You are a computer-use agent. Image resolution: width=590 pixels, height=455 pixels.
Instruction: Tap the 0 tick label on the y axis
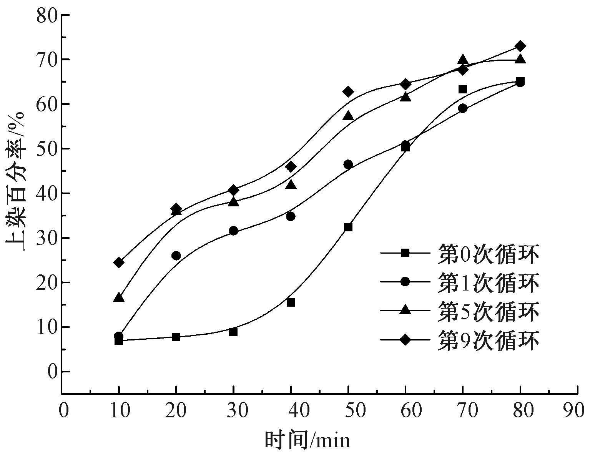[x=52, y=372]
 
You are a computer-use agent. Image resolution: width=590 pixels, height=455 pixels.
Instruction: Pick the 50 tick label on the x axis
[x=348, y=410]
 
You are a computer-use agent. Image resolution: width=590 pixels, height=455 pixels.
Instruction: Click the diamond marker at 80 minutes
[x=520, y=46]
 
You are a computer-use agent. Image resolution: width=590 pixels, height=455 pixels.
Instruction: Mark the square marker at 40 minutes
[x=291, y=302]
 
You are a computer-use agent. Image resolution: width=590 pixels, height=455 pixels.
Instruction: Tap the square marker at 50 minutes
[x=348, y=227]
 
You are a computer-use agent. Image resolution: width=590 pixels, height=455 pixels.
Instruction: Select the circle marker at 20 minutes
[x=176, y=256]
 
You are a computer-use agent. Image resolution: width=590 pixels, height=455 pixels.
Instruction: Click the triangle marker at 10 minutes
[x=119, y=298]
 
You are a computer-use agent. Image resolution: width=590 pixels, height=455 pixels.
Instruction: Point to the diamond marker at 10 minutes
[x=119, y=263]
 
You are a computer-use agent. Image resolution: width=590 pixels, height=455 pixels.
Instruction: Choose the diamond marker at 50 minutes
[x=348, y=91]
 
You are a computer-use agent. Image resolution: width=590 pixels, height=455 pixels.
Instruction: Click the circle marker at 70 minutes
[x=463, y=108]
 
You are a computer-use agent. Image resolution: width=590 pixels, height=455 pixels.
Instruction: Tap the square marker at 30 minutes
[x=233, y=332]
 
